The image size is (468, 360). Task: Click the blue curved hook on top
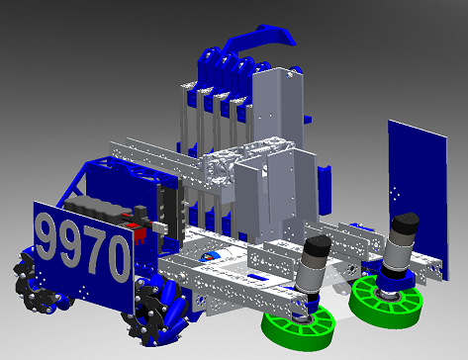point(259,40)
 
